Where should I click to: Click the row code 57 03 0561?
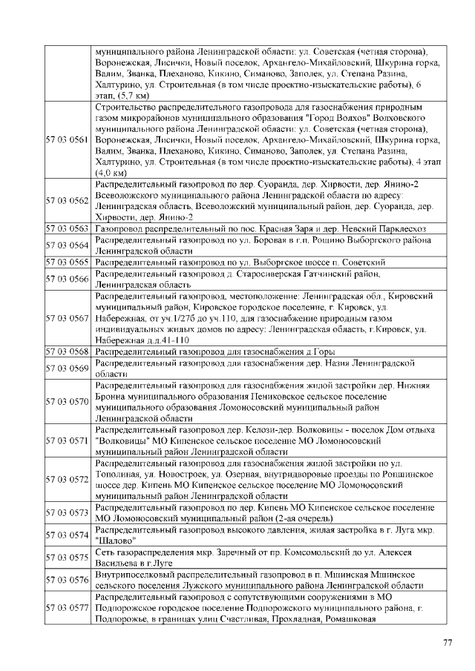click(x=68, y=139)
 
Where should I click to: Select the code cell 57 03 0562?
click(x=68, y=200)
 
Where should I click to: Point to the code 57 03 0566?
click(x=68, y=278)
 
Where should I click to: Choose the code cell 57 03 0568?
click(x=68, y=351)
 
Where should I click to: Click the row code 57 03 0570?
click(x=68, y=402)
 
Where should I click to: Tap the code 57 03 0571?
click(x=68, y=440)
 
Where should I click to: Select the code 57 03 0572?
click(x=68, y=480)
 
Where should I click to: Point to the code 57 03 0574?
click(x=68, y=535)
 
